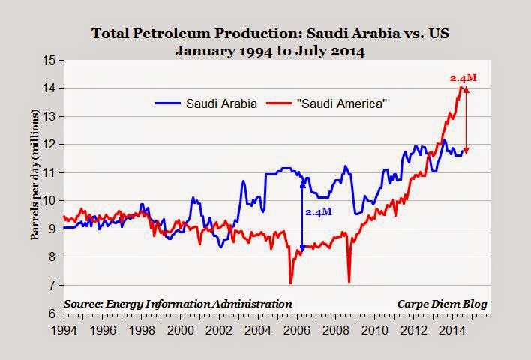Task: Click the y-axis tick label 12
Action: tap(50, 145)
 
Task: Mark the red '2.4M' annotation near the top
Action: tap(462, 77)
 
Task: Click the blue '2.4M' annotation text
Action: tap(319, 213)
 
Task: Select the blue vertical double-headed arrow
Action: tap(302, 215)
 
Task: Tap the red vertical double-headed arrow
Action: tap(466, 120)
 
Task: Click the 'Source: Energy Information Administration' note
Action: tap(178, 303)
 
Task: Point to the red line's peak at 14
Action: tap(460, 88)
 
